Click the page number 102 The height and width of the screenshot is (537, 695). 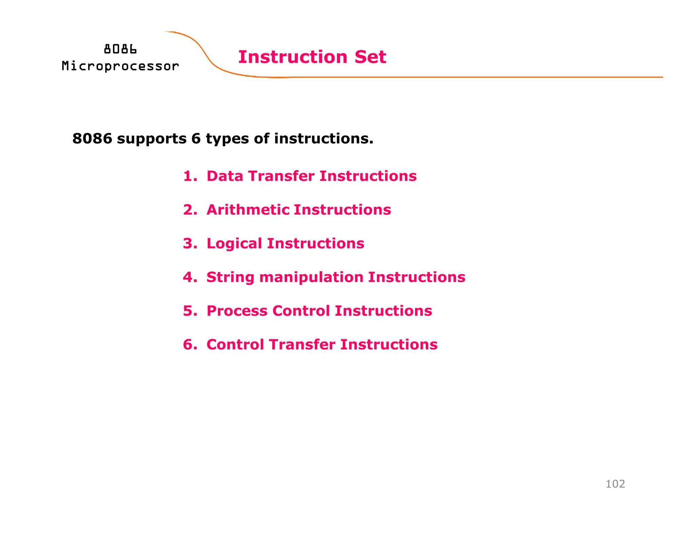615,484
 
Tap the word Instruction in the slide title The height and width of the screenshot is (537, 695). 293,57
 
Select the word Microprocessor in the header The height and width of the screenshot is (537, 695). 120,66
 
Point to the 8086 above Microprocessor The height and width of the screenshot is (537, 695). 120,50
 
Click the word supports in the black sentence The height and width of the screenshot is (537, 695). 151,139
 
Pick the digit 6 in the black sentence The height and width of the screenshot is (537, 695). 196,138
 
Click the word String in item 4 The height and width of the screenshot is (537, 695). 230,278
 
